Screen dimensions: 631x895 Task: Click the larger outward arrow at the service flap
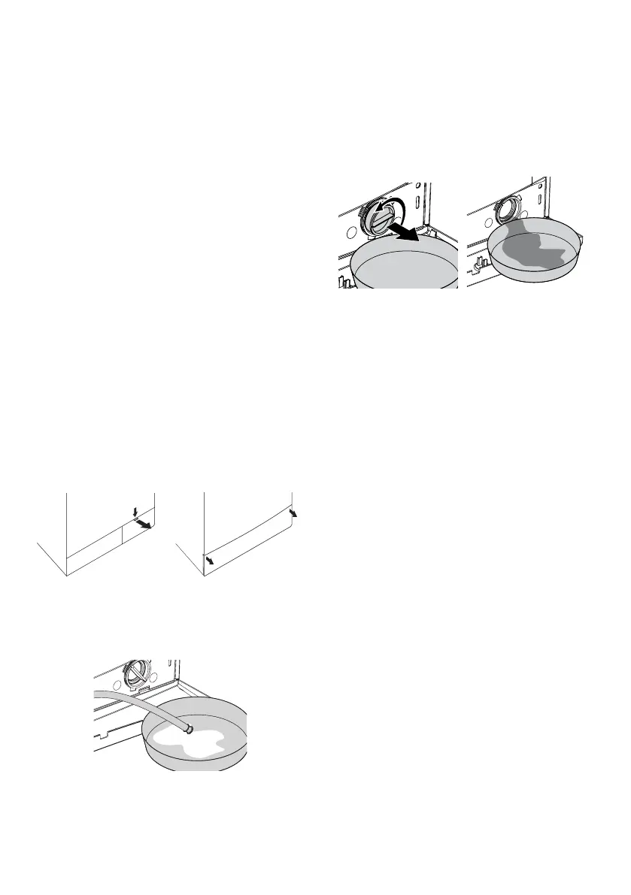[143, 522]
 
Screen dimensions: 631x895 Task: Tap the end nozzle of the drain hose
[190, 727]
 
